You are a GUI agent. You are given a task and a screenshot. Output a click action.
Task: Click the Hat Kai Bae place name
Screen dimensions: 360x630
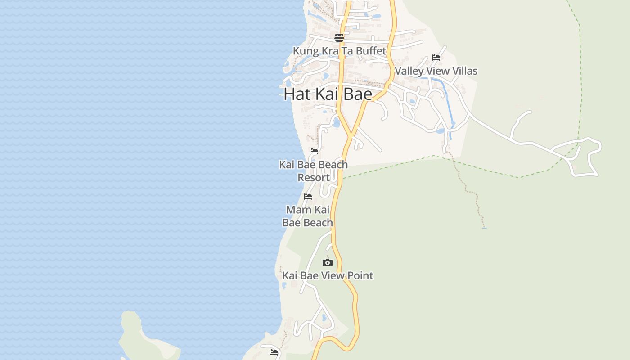point(328,94)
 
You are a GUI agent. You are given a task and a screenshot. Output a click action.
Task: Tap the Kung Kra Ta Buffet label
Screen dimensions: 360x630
point(339,51)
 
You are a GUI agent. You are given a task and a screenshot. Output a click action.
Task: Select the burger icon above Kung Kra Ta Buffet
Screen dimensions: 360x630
point(339,37)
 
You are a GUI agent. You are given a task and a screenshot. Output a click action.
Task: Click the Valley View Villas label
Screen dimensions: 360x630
point(436,71)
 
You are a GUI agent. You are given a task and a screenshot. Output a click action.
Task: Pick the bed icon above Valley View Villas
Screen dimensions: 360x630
point(436,57)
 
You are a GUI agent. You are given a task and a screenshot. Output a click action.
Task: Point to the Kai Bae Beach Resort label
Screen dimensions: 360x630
point(313,171)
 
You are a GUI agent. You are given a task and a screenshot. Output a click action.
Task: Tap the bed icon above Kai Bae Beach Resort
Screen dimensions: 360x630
point(314,151)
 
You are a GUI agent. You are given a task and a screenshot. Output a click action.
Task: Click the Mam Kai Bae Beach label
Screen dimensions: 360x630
point(308,216)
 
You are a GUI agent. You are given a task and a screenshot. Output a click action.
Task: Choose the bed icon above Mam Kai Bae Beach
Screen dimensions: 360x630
point(308,196)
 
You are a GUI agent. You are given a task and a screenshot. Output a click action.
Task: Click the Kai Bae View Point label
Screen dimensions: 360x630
point(328,275)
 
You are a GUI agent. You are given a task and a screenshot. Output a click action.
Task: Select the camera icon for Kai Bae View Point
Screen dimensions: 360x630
point(328,262)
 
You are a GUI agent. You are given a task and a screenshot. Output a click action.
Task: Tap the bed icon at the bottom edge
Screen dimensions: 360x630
point(274,352)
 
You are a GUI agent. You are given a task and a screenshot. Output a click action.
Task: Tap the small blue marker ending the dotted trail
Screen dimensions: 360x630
point(484,228)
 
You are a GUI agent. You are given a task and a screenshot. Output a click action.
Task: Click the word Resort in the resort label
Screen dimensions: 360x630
point(313,178)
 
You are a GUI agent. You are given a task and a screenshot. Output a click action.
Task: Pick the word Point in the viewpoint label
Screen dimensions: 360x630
point(360,275)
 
